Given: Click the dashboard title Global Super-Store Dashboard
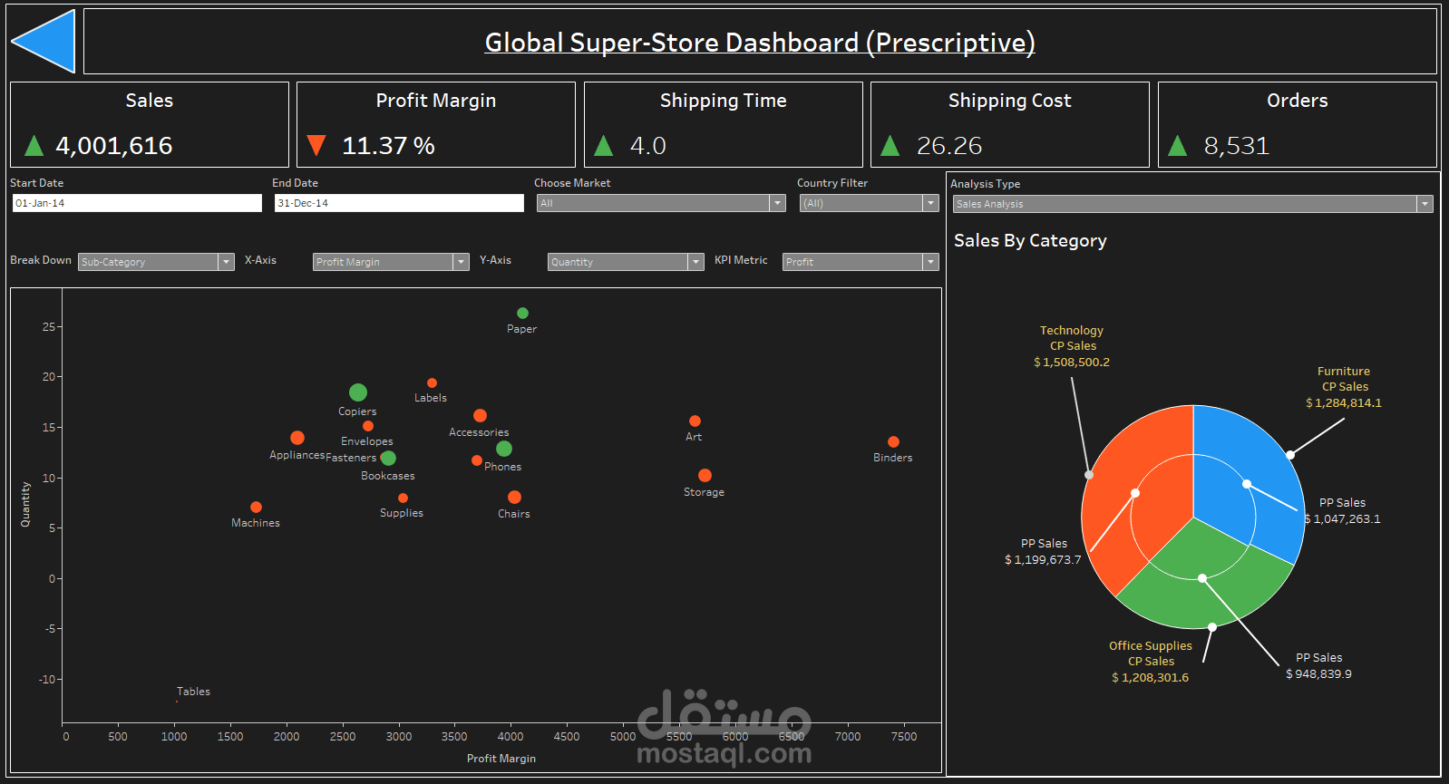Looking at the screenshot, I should [760, 43].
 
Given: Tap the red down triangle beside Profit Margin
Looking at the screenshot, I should [316, 145].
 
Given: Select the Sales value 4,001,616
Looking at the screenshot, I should [114, 146].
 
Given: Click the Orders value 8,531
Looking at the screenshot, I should [1236, 146].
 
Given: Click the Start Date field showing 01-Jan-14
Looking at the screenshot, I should [137, 203].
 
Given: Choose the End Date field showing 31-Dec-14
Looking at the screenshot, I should [399, 203].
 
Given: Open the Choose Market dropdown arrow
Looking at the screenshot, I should [777, 203].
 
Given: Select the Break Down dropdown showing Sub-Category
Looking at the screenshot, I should [155, 262].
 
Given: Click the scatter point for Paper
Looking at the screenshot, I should [522, 314].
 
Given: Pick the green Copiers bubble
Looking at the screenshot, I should [358, 392].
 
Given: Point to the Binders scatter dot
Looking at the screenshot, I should [893, 442].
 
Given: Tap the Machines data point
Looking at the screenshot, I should [256, 508].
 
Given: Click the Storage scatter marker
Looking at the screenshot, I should [705, 476].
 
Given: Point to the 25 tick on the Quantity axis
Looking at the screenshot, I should [49, 326].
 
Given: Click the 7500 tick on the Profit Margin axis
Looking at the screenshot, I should [903, 736].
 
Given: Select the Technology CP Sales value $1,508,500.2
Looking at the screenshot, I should [1072, 363].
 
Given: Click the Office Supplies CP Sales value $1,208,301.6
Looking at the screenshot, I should [1150, 678].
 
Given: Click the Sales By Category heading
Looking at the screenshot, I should [1030, 241].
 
